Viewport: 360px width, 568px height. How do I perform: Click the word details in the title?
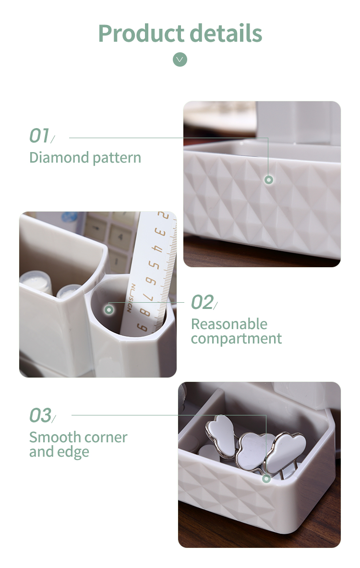(x=226, y=33)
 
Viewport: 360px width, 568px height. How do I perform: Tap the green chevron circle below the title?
(x=180, y=59)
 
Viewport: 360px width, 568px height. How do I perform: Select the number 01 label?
(x=39, y=136)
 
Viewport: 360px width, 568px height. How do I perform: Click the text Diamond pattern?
(x=85, y=158)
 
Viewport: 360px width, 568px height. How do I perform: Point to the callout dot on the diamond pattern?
(x=269, y=180)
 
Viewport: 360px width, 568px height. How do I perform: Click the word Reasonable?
(x=229, y=324)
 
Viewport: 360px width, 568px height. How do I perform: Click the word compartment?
(x=236, y=339)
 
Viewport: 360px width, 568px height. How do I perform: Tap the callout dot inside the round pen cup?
(x=109, y=310)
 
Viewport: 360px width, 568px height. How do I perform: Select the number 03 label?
(x=40, y=415)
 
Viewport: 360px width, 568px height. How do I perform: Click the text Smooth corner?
(x=78, y=437)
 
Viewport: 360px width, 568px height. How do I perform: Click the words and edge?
(x=59, y=452)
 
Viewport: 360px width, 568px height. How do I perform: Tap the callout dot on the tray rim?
(x=266, y=479)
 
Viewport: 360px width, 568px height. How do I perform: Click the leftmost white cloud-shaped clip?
(x=221, y=435)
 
